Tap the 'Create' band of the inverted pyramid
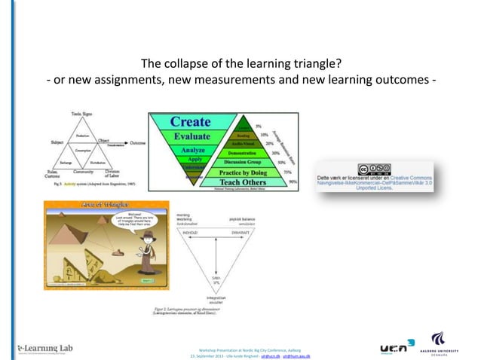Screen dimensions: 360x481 point(190,121)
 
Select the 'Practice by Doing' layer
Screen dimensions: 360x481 point(246,172)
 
